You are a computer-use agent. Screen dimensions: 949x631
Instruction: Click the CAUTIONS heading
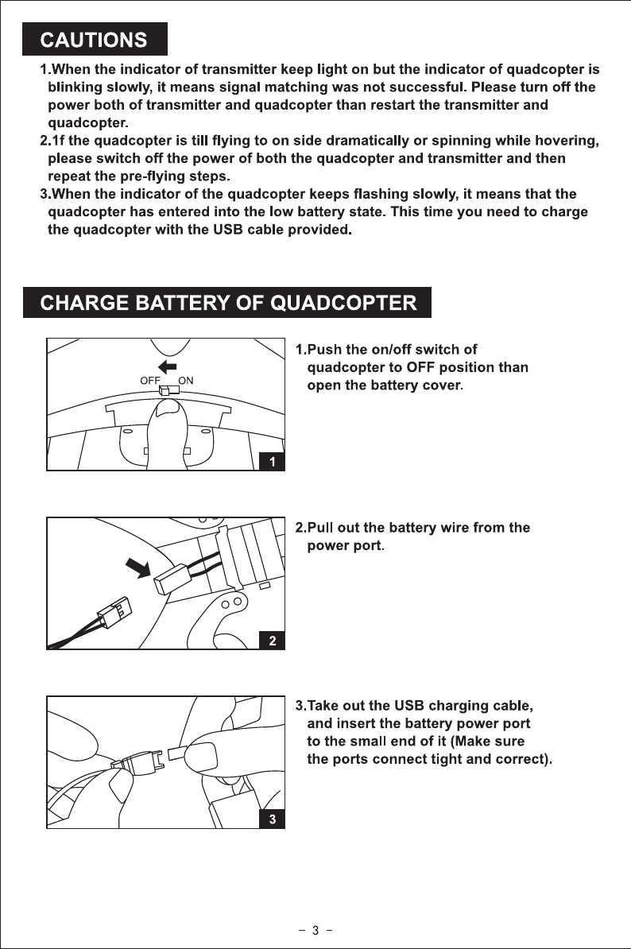95,39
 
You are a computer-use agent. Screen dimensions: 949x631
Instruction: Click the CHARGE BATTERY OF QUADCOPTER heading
227,302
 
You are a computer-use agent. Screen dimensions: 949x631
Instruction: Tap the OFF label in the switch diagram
150,380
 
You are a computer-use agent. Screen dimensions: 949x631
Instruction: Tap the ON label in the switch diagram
187,380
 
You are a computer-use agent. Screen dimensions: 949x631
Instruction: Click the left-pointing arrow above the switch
168,366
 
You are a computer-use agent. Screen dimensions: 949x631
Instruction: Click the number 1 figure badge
273,461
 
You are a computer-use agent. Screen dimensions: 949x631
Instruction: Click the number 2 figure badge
273,640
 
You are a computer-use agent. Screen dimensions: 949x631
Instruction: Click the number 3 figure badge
273,819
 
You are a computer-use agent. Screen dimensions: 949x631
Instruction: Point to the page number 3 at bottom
315,931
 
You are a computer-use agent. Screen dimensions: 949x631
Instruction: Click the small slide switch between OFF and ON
169,390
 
